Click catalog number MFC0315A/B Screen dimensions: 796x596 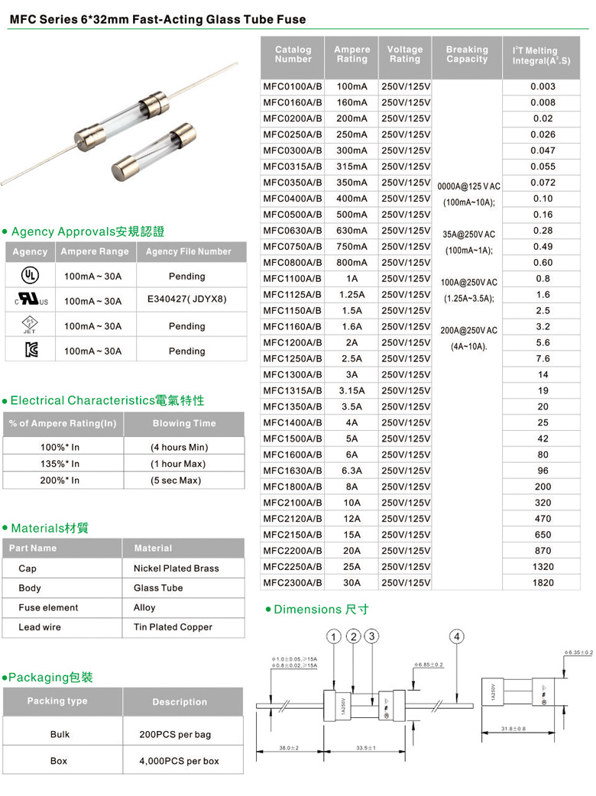coord(293,167)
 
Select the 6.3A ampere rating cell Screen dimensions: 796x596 coord(351,471)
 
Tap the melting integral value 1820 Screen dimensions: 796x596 coord(543,583)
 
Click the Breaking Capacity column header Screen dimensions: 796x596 coord(467,54)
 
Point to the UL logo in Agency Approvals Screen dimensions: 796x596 coord(29,276)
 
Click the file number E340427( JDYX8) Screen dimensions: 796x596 coord(187,299)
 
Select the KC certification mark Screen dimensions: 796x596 coord(29,351)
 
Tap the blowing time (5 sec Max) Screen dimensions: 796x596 coord(176,481)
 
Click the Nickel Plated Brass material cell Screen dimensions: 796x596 coord(176,568)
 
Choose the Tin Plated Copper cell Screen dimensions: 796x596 coord(173,627)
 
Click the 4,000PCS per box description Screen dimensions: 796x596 coord(179,761)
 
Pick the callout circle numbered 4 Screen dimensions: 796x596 coord(457,637)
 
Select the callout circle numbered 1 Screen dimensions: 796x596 coord(334,637)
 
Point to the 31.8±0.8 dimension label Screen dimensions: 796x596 coord(513,729)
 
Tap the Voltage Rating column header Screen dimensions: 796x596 coord(405,54)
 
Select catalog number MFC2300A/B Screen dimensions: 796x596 coord(293,583)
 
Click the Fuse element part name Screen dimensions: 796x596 coord(48,608)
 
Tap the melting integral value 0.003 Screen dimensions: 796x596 coord(543,86)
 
